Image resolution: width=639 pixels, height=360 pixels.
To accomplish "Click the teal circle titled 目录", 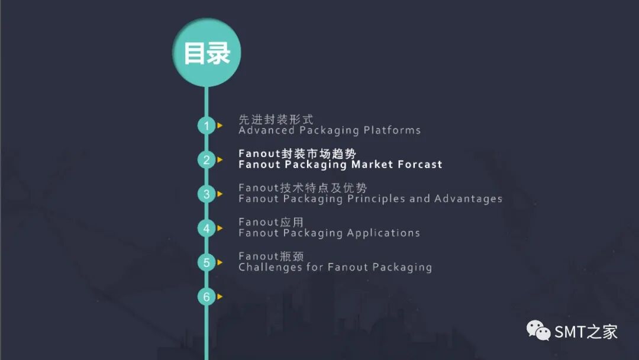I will [206, 53].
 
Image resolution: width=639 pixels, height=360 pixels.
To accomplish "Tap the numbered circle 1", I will [206, 126].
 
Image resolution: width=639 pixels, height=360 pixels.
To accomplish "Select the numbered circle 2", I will [206, 160].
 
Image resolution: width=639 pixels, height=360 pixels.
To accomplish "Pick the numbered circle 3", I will [206, 194].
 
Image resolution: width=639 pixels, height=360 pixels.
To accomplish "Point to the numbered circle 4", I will [206, 229].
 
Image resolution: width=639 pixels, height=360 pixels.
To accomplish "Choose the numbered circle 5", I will [206, 263].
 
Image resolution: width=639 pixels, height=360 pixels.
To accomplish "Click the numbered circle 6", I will [206, 297].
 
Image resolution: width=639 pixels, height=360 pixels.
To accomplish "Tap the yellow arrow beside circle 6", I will [220, 297].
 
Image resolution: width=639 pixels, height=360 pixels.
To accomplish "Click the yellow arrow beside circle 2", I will [220, 159].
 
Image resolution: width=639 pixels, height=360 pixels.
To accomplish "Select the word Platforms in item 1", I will [392, 130].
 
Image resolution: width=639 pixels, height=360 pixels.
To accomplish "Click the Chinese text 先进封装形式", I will [276, 120].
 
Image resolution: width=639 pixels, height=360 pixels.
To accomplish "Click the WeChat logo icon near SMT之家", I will [539, 331].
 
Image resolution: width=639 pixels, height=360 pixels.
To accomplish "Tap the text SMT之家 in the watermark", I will [586, 332].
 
